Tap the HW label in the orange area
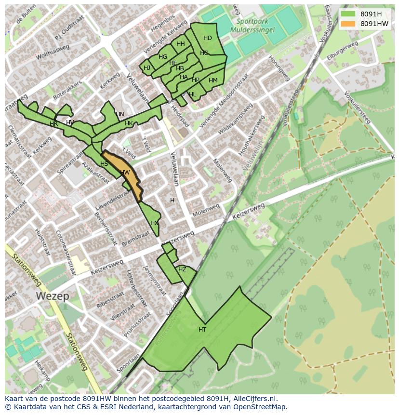click(125, 173)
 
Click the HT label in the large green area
click(202, 330)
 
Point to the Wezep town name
click(52, 296)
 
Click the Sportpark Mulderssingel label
click(255, 25)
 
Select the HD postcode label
click(207, 38)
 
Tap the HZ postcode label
click(182, 269)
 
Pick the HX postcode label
click(154, 223)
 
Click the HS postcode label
click(104, 164)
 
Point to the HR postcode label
click(53, 124)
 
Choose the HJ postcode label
click(147, 68)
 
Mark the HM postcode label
click(213, 80)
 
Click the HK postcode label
click(129, 123)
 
